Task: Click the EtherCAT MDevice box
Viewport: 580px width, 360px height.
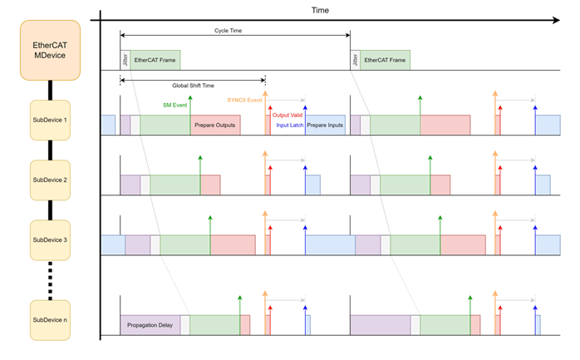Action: tap(50, 50)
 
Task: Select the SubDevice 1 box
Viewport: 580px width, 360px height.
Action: tap(50, 121)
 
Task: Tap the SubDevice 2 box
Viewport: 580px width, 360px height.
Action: tap(50, 180)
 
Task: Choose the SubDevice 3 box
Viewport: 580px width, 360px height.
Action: tap(50, 239)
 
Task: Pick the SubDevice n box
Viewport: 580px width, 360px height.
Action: tap(50, 319)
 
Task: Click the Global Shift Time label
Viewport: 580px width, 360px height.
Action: tap(193, 86)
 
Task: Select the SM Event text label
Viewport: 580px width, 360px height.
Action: tap(174, 106)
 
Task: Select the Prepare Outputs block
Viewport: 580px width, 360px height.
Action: tap(215, 126)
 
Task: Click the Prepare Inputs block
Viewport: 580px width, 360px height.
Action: tap(325, 126)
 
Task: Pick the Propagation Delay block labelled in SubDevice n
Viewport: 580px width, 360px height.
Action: tap(150, 325)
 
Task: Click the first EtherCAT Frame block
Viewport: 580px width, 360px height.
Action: tap(155, 60)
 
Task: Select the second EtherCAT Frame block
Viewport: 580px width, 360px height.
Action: tap(385, 60)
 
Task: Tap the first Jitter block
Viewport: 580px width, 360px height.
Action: tap(125, 60)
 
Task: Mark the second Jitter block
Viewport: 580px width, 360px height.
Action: tap(355, 60)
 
